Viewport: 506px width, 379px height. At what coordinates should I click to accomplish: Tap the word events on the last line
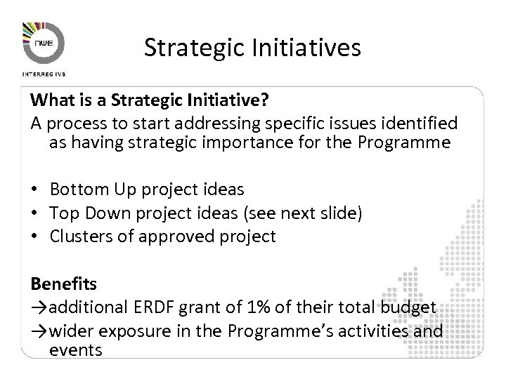click(x=76, y=348)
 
